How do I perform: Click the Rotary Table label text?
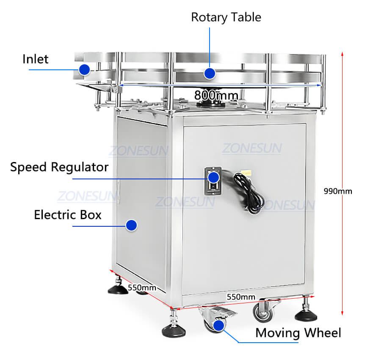226,17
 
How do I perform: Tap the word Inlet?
36,59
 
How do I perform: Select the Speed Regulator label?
59,167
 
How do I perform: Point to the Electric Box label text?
68,215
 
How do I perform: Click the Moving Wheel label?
298,333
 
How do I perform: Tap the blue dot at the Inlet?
85,69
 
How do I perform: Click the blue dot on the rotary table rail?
209,74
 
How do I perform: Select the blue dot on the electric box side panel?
132,225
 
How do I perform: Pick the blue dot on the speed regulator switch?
214,177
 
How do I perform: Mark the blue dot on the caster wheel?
218,325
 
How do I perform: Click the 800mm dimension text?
216,96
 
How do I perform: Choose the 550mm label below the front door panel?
241,297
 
